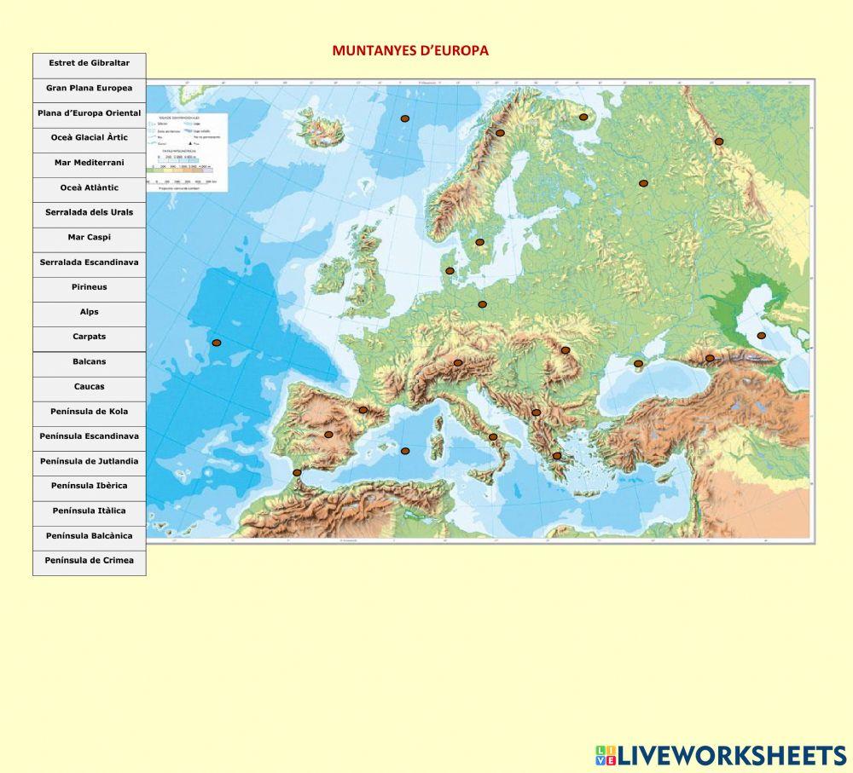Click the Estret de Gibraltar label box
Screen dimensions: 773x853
point(89,64)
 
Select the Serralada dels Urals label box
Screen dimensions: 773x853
point(89,213)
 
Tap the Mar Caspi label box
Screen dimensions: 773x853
point(89,238)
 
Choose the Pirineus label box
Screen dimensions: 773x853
point(89,288)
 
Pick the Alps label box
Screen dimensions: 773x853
point(89,313)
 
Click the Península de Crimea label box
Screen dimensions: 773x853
point(89,562)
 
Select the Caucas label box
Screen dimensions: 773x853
point(89,388)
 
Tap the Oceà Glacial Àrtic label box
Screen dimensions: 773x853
point(89,138)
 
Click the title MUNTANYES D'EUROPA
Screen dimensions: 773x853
point(410,51)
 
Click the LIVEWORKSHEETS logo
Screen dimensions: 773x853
point(721,755)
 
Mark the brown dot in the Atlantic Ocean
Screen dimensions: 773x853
point(217,343)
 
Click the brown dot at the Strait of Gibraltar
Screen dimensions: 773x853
point(297,472)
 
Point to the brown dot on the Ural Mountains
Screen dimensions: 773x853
point(719,141)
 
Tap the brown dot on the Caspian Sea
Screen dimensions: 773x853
point(762,336)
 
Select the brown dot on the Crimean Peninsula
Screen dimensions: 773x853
point(638,364)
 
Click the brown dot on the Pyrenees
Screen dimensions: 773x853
point(363,410)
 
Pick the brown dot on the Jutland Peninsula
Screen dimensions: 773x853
point(450,271)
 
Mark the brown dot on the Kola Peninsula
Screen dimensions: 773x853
point(583,118)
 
